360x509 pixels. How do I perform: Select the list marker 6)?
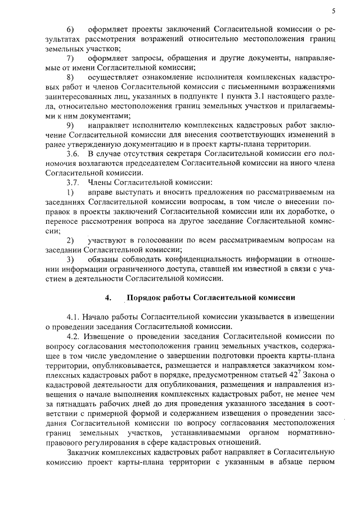point(70,28)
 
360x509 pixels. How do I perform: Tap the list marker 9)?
point(70,124)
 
